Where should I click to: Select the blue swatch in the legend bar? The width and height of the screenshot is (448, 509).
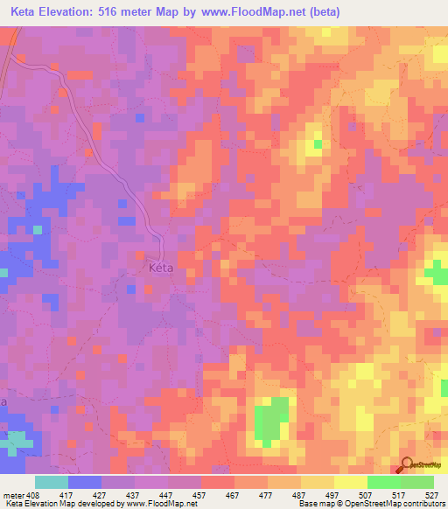(84, 482)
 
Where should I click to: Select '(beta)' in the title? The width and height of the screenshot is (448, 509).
(320, 11)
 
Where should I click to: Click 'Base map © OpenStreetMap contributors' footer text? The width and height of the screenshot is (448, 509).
(372, 504)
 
